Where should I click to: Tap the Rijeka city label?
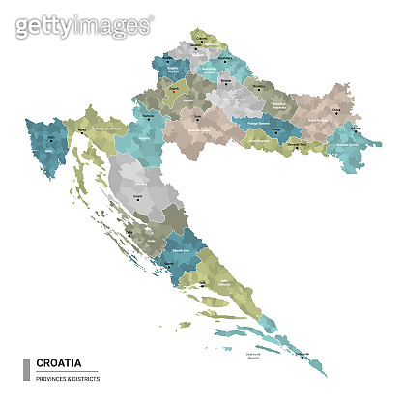[x=83, y=127]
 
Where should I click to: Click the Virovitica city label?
[x=257, y=86]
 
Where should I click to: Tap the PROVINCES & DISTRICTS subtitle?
[x=66, y=377]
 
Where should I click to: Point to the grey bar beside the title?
[x=25, y=369]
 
